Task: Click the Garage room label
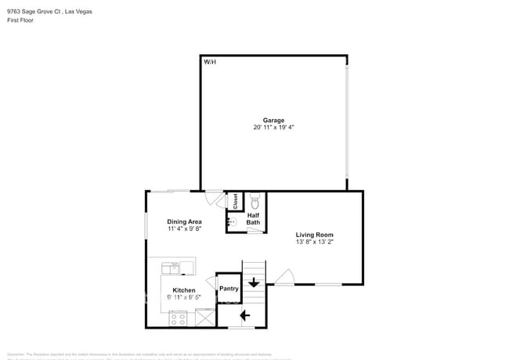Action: pyautogui.click(x=273, y=120)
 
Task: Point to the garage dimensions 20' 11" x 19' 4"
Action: pyautogui.click(x=273, y=127)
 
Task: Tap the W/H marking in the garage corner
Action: pyautogui.click(x=210, y=61)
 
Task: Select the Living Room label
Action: pyautogui.click(x=314, y=235)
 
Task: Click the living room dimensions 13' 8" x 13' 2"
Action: pyautogui.click(x=314, y=242)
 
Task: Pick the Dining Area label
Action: pyautogui.click(x=184, y=221)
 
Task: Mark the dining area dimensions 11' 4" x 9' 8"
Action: pyautogui.click(x=184, y=229)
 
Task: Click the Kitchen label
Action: pyautogui.click(x=184, y=290)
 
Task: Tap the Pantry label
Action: pyautogui.click(x=229, y=289)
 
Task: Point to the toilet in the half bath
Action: pyautogui.click(x=254, y=199)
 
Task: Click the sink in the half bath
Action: pyautogui.click(x=232, y=222)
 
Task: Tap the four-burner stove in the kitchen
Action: pyautogui.click(x=178, y=319)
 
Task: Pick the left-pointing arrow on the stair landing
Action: pyautogui.click(x=244, y=315)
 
